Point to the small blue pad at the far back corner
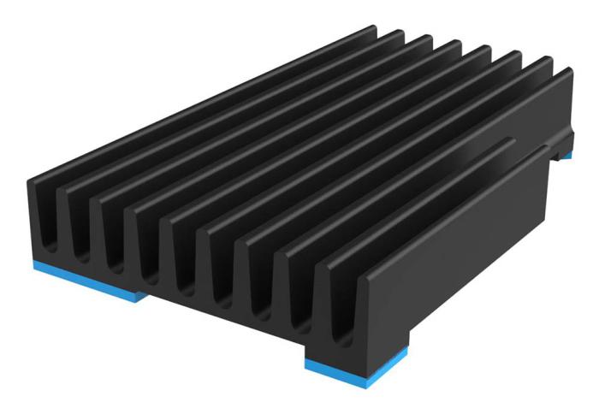pyautogui.click(x=566, y=156)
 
